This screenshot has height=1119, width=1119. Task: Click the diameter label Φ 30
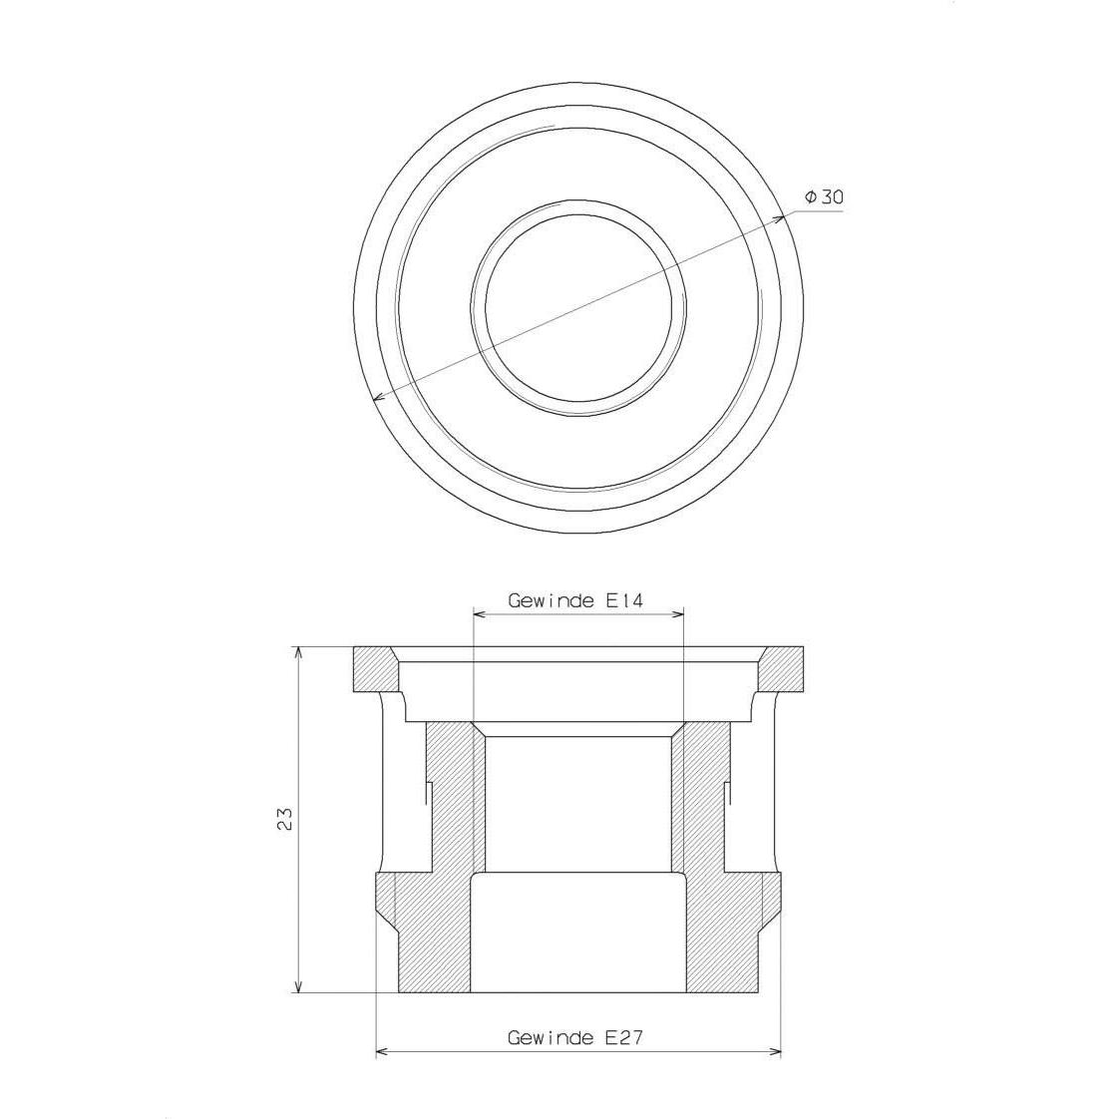(x=824, y=196)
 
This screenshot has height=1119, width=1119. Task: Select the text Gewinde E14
(x=576, y=600)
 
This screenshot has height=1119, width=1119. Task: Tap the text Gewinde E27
(x=575, y=1037)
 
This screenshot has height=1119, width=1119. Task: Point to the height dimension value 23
(x=285, y=819)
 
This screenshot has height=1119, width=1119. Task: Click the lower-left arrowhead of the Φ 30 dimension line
(x=377, y=399)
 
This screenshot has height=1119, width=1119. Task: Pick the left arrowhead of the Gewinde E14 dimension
(x=479, y=615)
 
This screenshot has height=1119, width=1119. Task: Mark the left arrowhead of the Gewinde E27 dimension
(x=381, y=1052)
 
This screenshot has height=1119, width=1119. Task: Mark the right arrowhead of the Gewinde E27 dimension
(x=775, y=1052)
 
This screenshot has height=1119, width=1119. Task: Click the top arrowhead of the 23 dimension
(x=299, y=652)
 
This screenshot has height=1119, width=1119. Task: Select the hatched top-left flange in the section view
(x=374, y=668)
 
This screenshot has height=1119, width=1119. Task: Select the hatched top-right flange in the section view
(x=784, y=668)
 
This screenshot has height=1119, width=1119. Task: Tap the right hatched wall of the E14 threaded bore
(x=703, y=798)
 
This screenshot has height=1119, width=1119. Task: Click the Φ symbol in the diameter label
(x=811, y=196)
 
